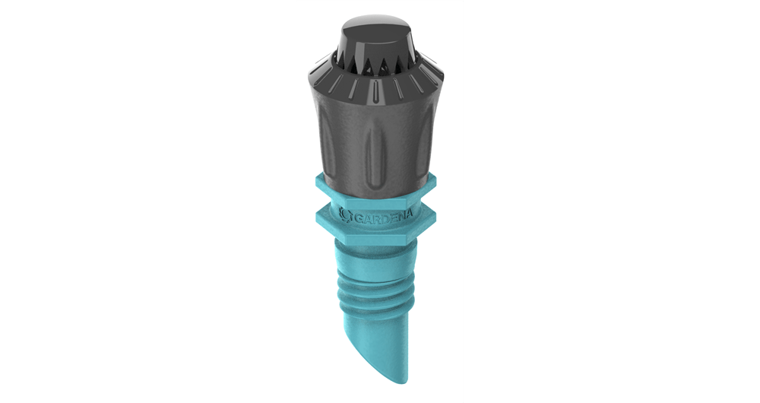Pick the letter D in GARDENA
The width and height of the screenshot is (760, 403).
pos(385,220)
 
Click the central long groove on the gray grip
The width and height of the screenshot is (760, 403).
pos(378,144)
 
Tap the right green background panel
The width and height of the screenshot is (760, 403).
pos(612,201)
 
